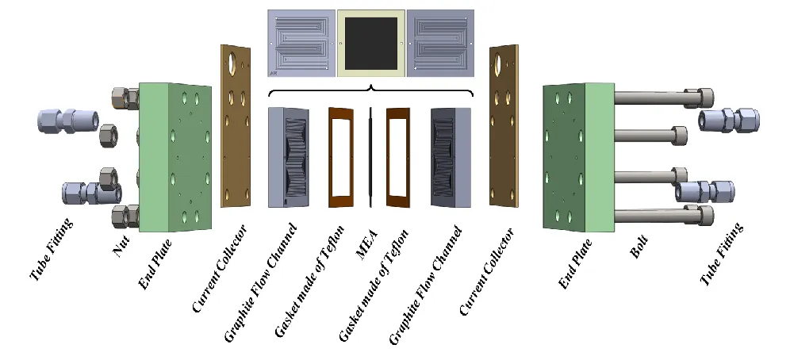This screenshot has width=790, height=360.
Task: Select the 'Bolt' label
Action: click(x=639, y=247)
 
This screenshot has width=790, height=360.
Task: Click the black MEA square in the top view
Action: click(x=371, y=43)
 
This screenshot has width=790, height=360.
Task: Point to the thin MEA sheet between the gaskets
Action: click(x=370, y=156)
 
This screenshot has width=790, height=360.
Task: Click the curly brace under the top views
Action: click(x=371, y=90)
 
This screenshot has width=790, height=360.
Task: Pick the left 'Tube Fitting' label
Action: click(x=52, y=249)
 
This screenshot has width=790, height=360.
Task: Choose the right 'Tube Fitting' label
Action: click(x=723, y=254)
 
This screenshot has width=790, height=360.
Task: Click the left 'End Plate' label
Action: click(x=155, y=263)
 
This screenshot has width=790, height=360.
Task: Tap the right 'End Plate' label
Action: click(x=575, y=263)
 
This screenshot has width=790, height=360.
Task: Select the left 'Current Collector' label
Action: click(x=220, y=268)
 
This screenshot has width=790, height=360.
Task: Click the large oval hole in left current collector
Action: click(x=232, y=63)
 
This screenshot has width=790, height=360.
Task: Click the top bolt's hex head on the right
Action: click(x=705, y=98)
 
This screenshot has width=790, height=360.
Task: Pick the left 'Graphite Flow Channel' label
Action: click(x=260, y=283)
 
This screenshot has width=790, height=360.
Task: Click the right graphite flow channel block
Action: click(x=451, y=157)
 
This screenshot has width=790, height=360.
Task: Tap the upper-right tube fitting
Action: click(x=729, y=121)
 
